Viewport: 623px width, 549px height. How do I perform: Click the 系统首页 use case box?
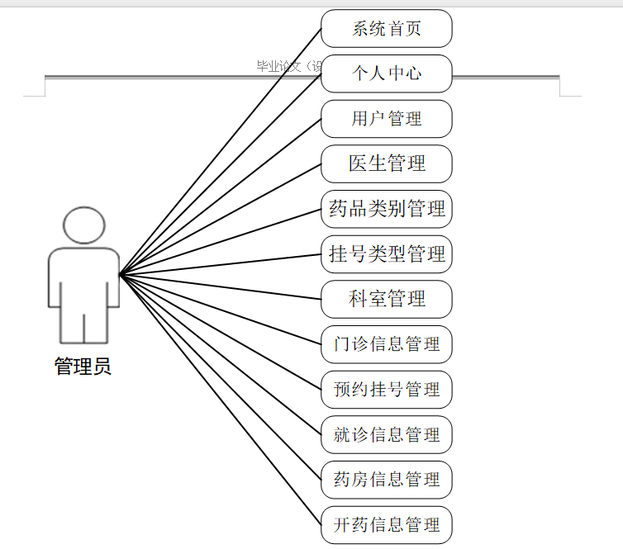tap(387, 29)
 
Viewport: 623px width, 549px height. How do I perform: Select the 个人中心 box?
tap(387, 73)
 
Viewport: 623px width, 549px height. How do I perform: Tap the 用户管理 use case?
tap(387, 119)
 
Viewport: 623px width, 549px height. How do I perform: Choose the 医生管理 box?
tap(387, 163)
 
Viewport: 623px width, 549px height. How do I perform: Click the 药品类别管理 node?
tap(387, 209)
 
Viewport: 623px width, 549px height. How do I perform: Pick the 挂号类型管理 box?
tap(387, 253)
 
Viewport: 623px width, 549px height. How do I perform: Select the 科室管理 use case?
tap(387, 299)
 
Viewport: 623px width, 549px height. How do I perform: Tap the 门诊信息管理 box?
tap(387, 344)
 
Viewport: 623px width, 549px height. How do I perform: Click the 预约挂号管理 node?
tap(387, 389)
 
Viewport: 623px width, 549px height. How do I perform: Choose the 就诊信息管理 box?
tap(387, 434)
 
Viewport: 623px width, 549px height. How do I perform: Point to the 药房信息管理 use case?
tap(387, 480)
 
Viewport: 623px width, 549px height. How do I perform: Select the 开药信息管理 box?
tap(387, 524)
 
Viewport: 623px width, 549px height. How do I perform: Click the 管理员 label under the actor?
tap(83, 366)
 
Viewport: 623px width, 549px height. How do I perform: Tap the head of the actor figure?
tap(83, 225)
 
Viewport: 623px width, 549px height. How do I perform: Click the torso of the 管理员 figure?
tap(83, 281)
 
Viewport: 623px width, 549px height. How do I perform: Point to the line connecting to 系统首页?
tap(221, 151)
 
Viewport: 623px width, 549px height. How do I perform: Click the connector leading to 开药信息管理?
tap(221, 399)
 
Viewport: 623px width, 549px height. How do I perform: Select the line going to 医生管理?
tap(221, 219)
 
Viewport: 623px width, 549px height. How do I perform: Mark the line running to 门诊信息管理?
tap(221, 309)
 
